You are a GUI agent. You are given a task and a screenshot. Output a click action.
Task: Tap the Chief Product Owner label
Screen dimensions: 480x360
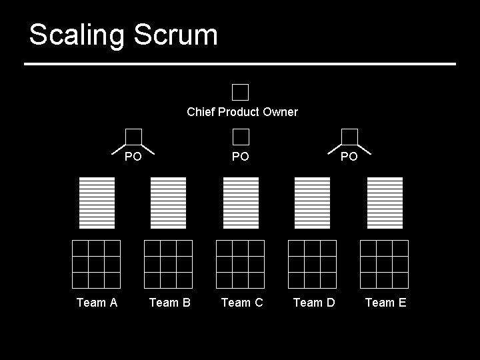pos(242,112)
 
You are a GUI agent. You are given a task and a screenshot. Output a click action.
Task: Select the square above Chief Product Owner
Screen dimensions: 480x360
pos(241,92)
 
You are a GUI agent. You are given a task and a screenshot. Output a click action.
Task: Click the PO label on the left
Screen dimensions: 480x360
pos(133,157)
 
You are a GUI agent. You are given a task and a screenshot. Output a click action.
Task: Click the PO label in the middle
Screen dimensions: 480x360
pos(241,157)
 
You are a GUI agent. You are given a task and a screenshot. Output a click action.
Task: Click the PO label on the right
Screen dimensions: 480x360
pos(349,157)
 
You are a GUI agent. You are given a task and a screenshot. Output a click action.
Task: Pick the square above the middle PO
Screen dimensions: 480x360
pos(241,137)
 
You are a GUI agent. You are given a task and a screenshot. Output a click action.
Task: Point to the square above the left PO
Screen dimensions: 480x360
pos(134,137)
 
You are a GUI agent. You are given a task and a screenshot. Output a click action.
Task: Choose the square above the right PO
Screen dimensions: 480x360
pos(349,137)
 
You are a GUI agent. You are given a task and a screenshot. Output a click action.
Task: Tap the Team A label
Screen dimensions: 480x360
pos(97,303)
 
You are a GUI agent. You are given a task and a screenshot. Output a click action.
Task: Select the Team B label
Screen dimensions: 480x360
pos(169,303)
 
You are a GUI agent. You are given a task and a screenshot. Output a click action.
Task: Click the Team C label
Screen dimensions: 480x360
pos(242,303)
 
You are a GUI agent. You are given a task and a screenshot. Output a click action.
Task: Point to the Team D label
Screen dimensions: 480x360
pos(314,303)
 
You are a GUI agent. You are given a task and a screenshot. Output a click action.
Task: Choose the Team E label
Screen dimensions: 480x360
pos(385,303)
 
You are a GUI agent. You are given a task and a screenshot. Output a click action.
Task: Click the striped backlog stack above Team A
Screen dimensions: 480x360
pos(97,202)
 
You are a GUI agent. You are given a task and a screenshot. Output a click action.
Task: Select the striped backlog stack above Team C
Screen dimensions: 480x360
pos(241,202)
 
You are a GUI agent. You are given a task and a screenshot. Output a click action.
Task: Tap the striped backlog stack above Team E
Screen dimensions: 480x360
pos(385,202)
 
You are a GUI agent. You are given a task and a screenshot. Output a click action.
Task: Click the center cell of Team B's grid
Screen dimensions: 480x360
pos(168,264)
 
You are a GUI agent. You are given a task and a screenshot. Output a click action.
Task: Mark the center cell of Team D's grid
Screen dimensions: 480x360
pos(312,264)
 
